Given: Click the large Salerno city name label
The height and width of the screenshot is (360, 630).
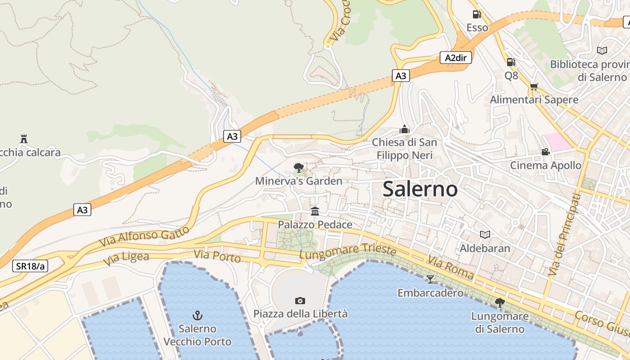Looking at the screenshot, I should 420,189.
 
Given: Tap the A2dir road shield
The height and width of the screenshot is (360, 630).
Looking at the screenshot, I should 455,58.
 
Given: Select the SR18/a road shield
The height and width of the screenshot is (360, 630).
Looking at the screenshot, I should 30,266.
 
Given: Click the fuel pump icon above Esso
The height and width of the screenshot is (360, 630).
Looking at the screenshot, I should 477,14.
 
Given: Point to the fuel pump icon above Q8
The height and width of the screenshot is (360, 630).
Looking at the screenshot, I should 511,62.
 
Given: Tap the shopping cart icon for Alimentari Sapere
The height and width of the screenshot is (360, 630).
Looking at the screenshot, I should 534,86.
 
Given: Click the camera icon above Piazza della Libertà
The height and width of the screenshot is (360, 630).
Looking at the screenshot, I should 300,301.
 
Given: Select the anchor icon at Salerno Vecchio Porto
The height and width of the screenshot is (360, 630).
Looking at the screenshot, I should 197,315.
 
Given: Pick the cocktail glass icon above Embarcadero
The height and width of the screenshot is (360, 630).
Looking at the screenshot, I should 430,279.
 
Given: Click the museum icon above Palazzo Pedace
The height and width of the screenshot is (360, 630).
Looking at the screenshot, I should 315,211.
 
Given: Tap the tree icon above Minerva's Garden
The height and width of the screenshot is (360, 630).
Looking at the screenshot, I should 298,168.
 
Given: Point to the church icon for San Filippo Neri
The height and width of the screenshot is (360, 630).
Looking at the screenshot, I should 404,129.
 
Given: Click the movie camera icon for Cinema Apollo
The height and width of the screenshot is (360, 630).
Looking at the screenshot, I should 545,152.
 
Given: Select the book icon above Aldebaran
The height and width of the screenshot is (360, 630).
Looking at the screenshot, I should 485,234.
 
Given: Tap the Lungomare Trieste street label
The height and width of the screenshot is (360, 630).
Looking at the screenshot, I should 348,252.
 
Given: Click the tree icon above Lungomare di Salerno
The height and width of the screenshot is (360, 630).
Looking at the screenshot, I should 499,302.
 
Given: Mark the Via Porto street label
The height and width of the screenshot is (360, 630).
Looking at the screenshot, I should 217,256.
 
